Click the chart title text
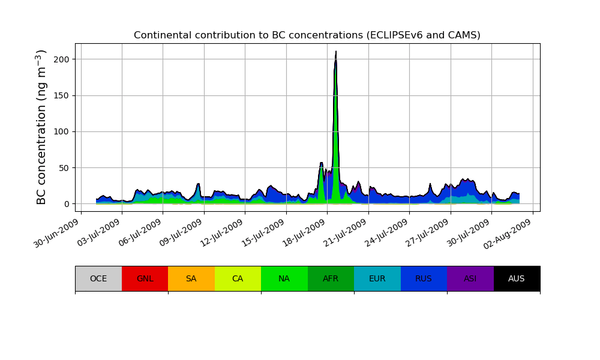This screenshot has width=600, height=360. [x=307, y=35]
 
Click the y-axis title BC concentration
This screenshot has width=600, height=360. [x=41, y=127]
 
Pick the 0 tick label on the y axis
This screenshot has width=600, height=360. [x=67, y=204]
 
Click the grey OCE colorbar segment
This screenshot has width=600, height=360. [x=98, y=278]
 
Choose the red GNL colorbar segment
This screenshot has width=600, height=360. [x=145, y=278]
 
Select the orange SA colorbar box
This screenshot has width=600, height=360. [x=191, y=278]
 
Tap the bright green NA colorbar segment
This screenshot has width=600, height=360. [x=284, y=278]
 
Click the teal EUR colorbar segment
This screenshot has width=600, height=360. [x=377, y=278]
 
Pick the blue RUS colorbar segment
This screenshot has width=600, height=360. [x=424, y=278]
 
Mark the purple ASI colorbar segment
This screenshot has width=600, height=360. [x=470, y=278]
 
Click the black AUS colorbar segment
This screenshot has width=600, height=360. [x=517, y=278]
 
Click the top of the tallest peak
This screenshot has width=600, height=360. [x=336, y=52]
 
